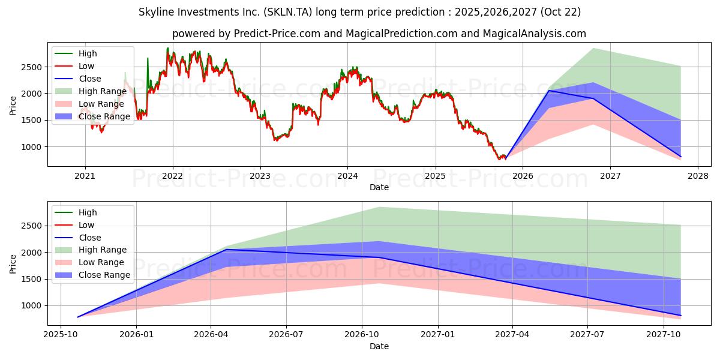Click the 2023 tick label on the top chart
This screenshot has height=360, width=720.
260,176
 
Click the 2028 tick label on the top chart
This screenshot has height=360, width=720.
698,176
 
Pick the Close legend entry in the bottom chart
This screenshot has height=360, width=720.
90,238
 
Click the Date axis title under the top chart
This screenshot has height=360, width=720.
379,187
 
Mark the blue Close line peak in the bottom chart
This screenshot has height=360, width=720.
226,250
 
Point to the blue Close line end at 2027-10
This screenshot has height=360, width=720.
680,316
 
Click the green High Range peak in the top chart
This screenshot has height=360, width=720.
593,49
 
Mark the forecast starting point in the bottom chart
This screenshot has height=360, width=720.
78,317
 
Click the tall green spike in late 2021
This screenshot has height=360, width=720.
148,58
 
